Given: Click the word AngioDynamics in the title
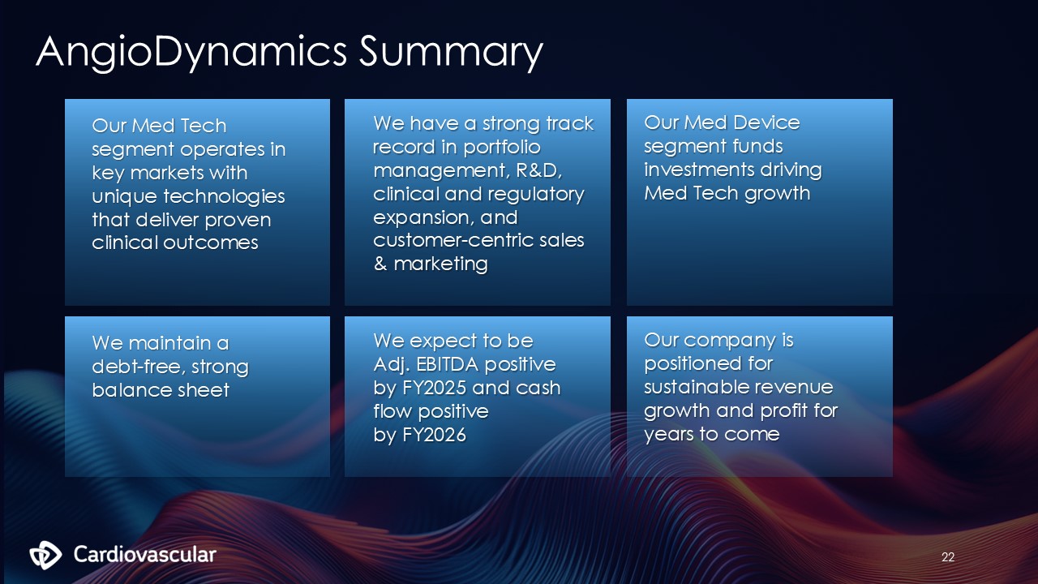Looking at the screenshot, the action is tap(191, 52).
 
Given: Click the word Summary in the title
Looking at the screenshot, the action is tap(451, 52).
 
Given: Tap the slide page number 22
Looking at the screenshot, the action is tap(948, 556).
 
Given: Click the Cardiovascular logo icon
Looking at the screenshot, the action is tap(45, 555).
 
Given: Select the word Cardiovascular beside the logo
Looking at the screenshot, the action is tap(144, 554).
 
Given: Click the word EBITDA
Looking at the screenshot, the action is tap(448, 364).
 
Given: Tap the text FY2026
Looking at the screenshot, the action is tap(434, 435).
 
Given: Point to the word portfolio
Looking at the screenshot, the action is tap(502, 148).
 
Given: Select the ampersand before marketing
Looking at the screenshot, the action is tap(380, 264).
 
